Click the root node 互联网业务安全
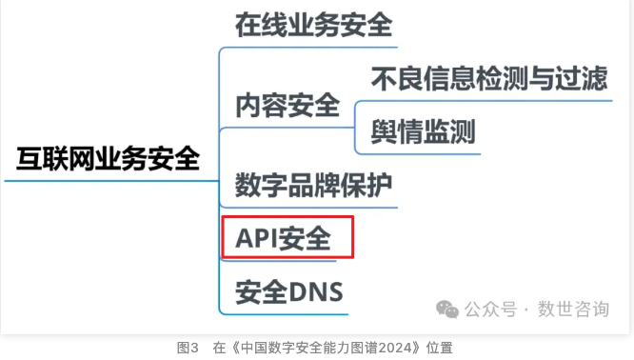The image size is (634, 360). point(108,158)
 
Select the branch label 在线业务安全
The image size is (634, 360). point(314,26)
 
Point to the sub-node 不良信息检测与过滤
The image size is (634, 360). point(489,78)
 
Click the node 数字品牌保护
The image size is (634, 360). point(314,183)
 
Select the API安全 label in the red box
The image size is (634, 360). point(287,237)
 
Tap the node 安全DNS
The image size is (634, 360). point(289,290)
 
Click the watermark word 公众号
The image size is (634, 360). point(491,309)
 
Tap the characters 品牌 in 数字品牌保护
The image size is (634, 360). point(314,183)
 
